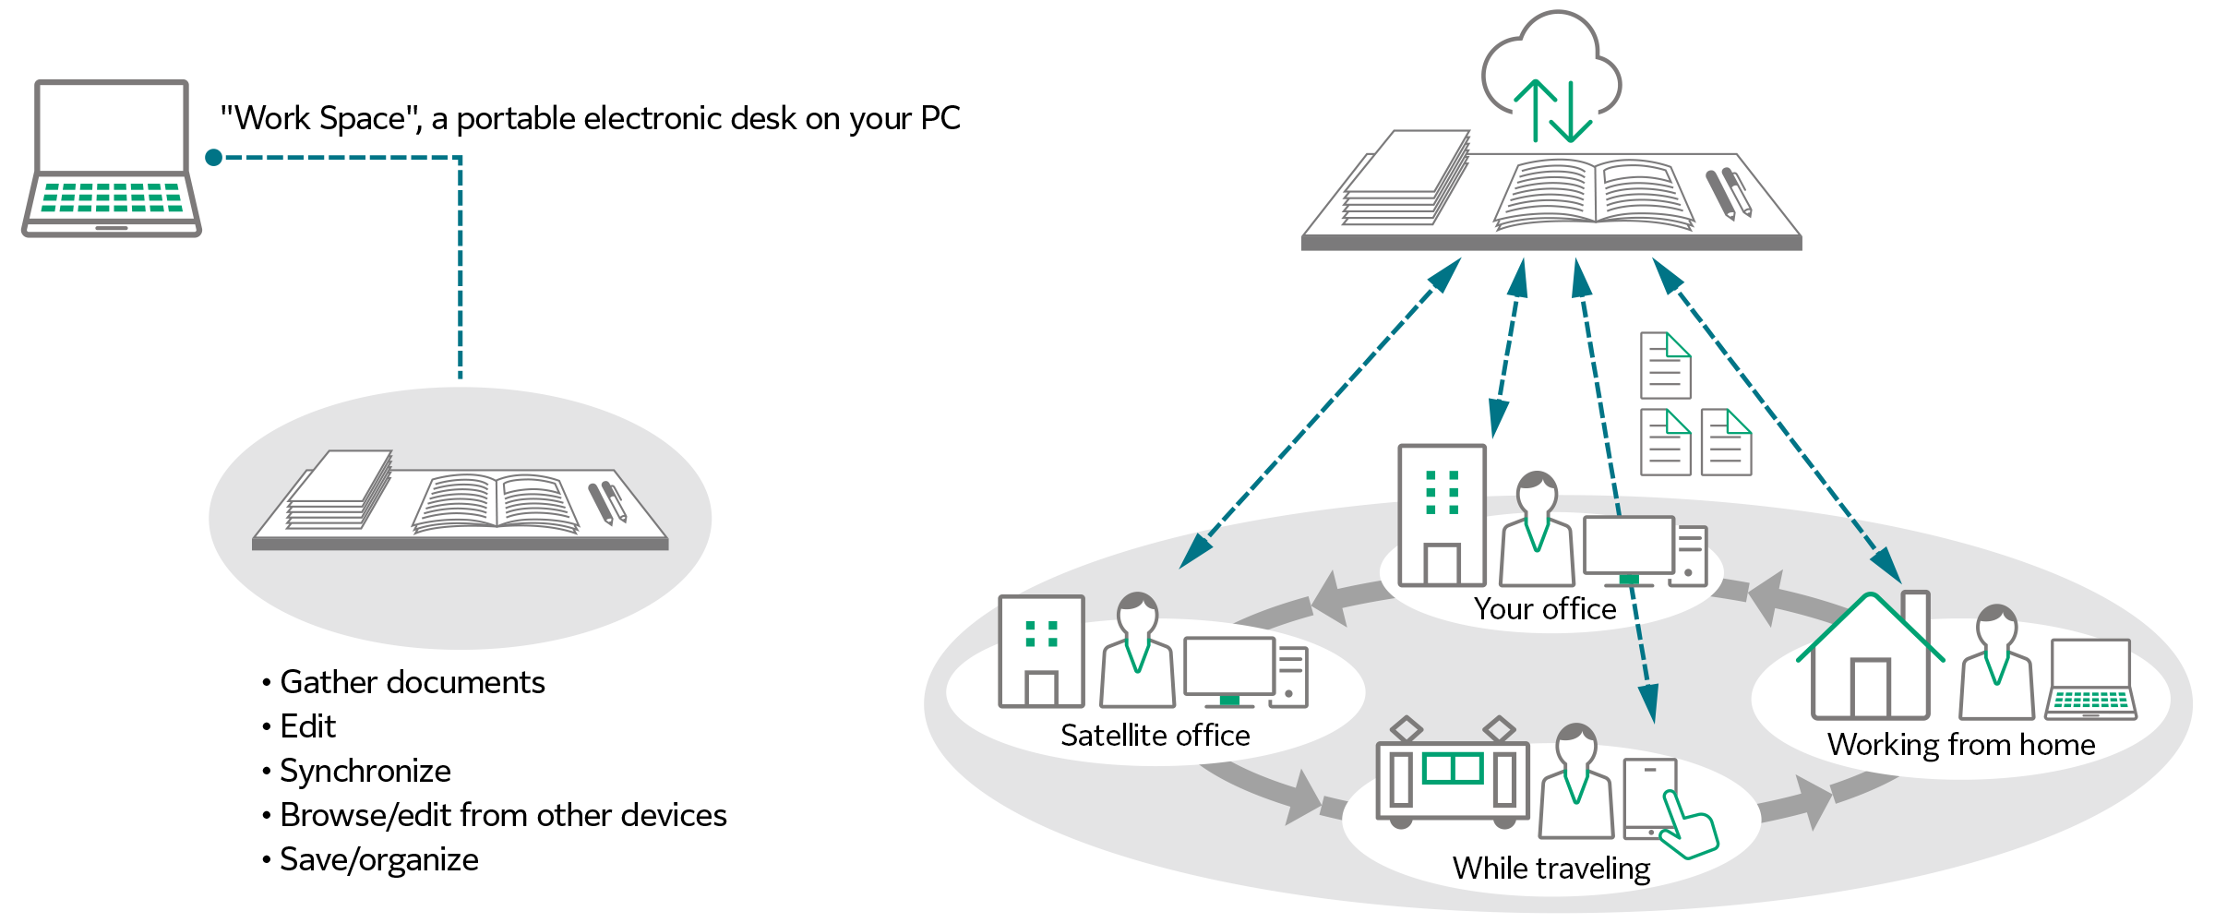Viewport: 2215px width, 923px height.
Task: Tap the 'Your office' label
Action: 1544,609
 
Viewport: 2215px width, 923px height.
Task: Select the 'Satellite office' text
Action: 1155,736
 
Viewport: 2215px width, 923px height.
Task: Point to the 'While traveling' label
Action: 1550,869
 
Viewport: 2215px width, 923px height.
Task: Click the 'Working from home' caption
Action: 1960,745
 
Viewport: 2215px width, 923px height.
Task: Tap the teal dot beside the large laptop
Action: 214,158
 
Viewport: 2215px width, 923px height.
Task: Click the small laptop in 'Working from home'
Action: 2090,679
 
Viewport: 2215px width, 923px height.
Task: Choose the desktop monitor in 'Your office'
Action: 1629,548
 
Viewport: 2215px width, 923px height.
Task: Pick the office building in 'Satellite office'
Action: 1041,652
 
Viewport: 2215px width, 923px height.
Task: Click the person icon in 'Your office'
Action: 1537,531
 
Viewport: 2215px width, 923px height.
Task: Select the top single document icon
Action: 1665,366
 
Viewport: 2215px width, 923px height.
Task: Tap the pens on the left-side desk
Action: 607,502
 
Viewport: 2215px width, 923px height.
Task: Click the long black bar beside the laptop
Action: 591,120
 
